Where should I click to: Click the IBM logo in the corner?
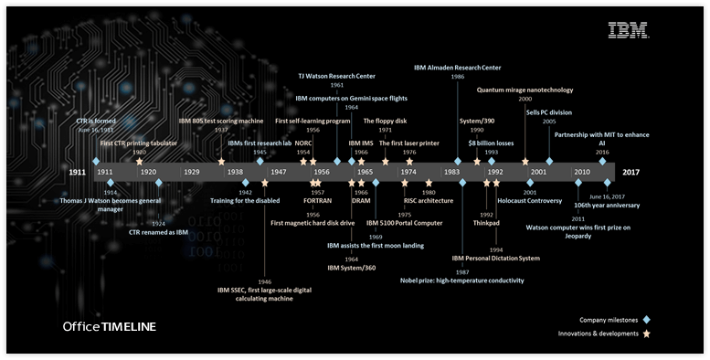[x=629, y=29]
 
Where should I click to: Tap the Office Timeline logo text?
[x=109, y=326]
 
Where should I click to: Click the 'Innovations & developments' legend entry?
[x=599, y=334]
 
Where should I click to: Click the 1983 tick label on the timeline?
[x=450, y=172]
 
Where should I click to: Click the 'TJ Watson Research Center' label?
[x=336, y=76]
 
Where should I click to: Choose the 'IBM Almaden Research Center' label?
[x=457, y=68]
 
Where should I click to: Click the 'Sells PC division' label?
[x=549, y=111]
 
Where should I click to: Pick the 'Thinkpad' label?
[x=486, y=222]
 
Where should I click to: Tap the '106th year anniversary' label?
[x=601, y=206]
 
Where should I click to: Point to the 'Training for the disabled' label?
[x=246, y=201]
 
